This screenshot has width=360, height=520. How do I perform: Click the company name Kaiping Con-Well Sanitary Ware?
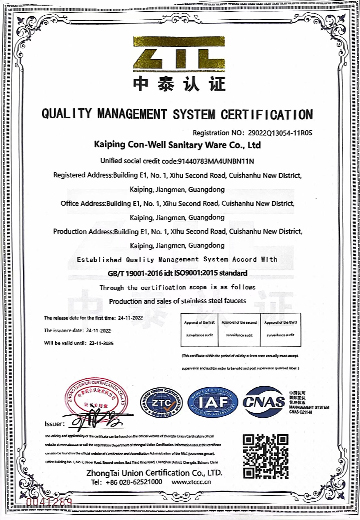[x=180, y=144]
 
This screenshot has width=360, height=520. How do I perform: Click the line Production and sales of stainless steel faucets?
[x=180, y=300]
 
